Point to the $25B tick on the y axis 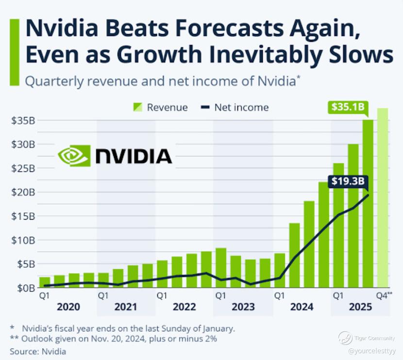coord(22,168)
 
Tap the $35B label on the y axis coord(22,120)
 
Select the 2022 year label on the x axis coord(184,307)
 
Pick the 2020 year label coord(68,307)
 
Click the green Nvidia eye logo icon coord(74,156)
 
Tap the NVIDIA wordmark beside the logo coord(134,156)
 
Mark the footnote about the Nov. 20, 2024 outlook coord(112,339)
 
